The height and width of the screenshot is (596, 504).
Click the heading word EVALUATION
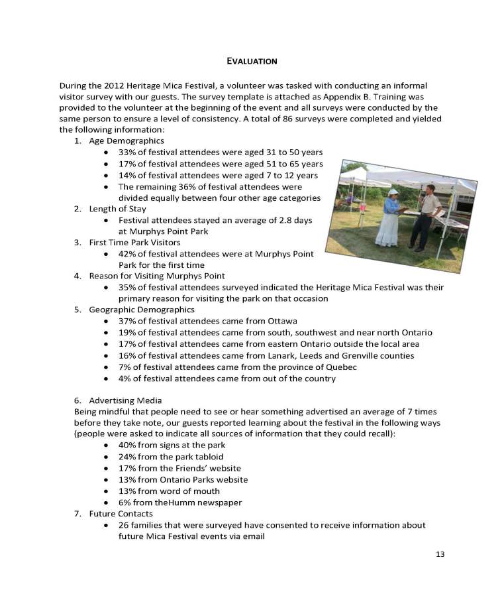[252, 61]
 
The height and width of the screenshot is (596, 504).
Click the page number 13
[440, 554]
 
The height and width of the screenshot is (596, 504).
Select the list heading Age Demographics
[126, 141]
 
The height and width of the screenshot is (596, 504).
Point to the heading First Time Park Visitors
[134, 243]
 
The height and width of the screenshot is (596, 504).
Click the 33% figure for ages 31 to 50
[127, 152]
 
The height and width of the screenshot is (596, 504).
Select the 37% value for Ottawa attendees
[127, 322]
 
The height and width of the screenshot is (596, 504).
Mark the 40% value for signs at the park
[127, 446]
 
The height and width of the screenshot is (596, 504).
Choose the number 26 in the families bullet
[124, 525]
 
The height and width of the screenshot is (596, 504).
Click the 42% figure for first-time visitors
[127, 254]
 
